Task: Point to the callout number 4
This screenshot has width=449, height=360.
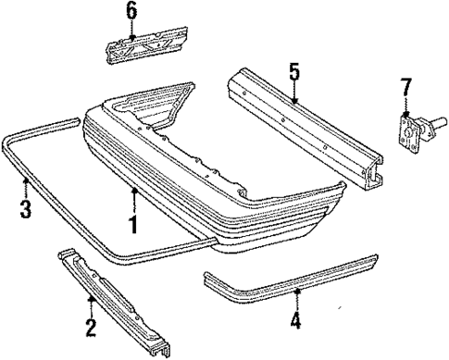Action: click(x=295, y=322)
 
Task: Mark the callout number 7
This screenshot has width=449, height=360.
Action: click(x=404, y=87)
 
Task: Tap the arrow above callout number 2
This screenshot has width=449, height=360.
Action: click(x=90, y=301)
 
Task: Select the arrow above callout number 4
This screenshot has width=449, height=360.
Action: click(x=295, y=293)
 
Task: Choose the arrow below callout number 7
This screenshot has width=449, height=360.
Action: click(x=404, y=109)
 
